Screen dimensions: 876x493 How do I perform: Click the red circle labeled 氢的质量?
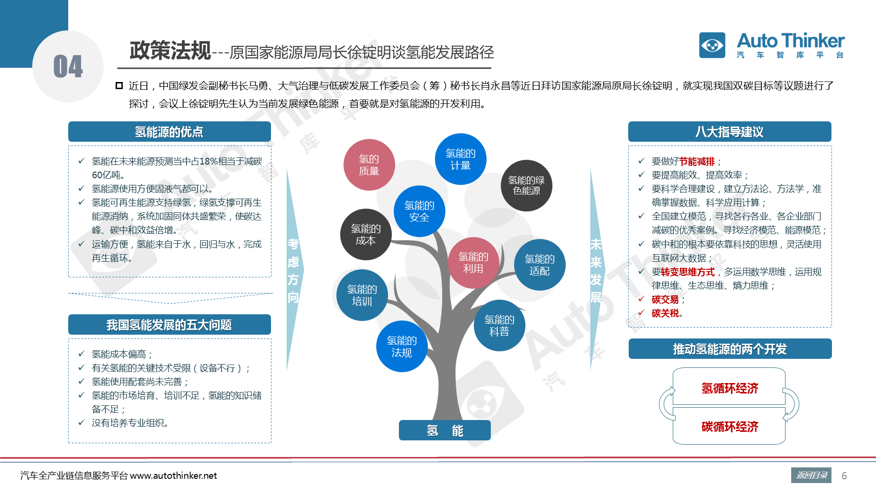(369, 164)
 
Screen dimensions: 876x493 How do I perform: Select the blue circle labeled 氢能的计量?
(461, 159)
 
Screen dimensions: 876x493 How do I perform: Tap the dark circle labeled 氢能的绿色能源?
(526, 185)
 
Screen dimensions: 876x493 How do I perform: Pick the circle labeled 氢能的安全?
(419, 211)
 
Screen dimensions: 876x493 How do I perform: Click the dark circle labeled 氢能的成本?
(366, 234)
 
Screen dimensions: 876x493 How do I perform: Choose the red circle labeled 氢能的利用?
(473, 263)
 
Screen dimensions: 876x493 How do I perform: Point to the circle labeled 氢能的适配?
(540, 265)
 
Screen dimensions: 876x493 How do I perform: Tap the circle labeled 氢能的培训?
(362, 295)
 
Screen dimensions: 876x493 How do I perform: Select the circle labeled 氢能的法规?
(402, 347)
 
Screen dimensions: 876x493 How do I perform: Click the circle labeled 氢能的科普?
(499, 325)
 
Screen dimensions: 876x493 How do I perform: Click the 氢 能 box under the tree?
(444, 430)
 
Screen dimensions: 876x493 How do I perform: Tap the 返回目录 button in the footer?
(811, 475)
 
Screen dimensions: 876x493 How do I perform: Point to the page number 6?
(844, 475)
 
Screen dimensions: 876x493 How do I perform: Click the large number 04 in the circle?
(68, 66)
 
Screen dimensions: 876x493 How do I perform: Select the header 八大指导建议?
(730, 132)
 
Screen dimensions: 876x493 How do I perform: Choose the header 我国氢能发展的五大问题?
(170, 325)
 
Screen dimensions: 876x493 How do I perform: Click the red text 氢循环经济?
(730, 388)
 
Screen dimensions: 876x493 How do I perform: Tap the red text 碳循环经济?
(730, 427)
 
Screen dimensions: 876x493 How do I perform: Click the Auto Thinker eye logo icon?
(712, 45)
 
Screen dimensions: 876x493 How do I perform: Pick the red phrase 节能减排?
(697, 162)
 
